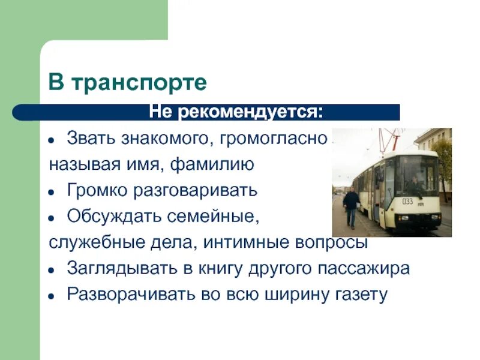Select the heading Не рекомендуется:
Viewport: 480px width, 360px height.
(236, 112)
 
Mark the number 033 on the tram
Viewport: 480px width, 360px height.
(407, 202)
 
